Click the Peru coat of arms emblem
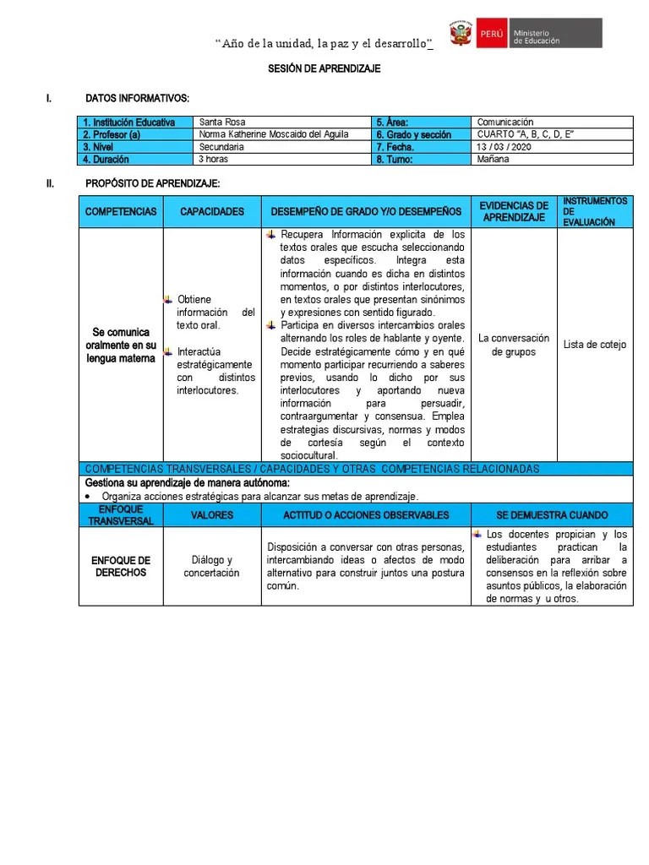coord(461,35)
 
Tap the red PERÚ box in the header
coord(490,35)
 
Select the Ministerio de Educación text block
coord(554,35)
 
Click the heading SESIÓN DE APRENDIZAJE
coord(324,69)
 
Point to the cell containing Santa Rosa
coord(221,122)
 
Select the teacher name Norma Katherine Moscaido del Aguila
coord(273,134)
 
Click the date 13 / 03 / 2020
coord(504,147)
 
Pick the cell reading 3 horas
coord(213,159)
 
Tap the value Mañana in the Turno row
coord(494,159)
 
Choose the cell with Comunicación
coord(505,122)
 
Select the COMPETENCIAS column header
coord(121,211)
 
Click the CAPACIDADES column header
coord(212,211)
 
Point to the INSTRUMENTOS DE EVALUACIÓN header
coord(595,211)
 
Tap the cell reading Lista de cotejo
coord(595,345)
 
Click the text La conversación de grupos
coord(514,345)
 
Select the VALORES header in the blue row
coord(212,515)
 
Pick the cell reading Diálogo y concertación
coord(212,567)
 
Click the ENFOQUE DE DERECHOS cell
coord(121,567)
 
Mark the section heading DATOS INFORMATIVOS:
coord(138,99)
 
